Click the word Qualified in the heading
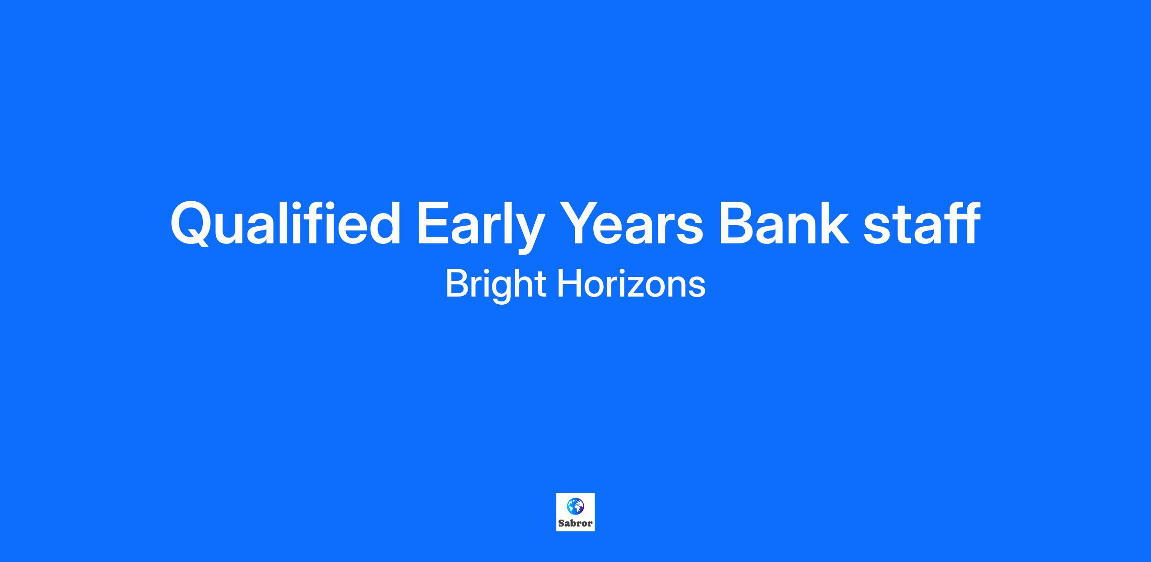[285, 224]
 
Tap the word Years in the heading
[633, 224]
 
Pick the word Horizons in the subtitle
[631, 283]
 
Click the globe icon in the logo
[575, 505]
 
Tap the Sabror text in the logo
[575, 523]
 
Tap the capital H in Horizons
[569, 283]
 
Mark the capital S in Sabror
[561, 523]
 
